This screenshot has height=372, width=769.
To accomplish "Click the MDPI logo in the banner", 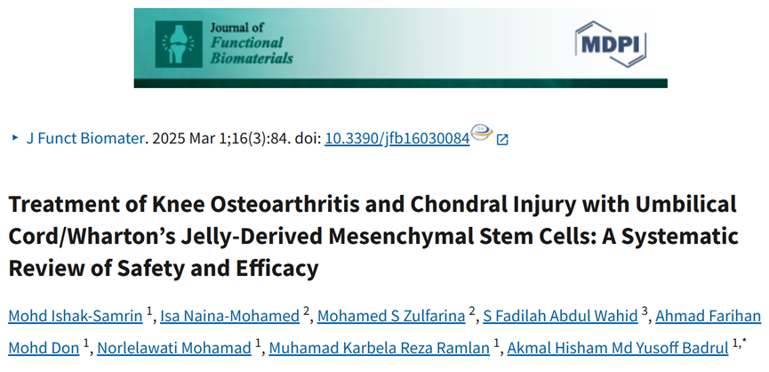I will pyautogui.click(x=611, y=42).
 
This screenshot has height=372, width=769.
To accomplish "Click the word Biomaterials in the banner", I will pyautogui.click(x=252, y=58).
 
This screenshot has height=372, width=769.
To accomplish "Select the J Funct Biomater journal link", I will pyautogui.click(x=84, y=139).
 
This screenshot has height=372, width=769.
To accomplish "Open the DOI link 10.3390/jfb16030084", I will pyautogui.click(x=397, y=139).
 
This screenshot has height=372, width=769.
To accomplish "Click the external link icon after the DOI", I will pyautogui.click(x=502, y=140).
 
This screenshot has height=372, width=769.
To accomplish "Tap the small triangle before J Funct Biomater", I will pyautogui.click(x=14, y=139).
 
